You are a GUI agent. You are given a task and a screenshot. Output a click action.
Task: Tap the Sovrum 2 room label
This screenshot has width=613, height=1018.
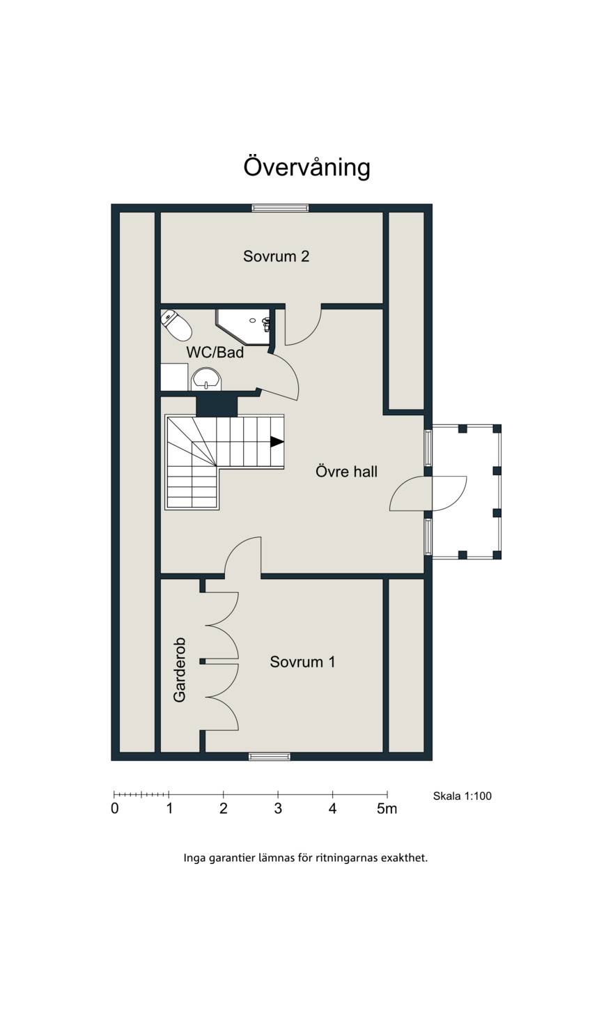277,256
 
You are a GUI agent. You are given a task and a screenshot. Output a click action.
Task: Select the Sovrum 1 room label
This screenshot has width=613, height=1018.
302,662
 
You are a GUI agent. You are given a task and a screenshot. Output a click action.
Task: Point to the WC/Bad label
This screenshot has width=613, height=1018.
215,352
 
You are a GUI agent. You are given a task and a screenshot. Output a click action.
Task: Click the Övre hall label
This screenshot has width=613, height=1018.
346,471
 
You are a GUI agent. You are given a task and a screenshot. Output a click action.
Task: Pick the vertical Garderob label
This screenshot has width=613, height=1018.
180,670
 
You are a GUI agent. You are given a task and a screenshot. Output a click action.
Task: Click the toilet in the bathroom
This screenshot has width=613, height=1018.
176,325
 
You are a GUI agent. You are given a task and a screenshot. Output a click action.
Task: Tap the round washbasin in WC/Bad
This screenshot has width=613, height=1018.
206,379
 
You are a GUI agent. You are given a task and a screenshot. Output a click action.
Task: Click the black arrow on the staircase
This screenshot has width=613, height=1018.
277,441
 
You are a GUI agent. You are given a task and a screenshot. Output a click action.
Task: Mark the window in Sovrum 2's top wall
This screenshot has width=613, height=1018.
280,208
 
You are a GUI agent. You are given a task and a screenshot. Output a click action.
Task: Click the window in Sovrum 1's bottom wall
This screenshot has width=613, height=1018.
270,756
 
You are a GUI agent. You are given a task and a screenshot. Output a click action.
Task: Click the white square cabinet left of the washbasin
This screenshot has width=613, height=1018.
174,377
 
